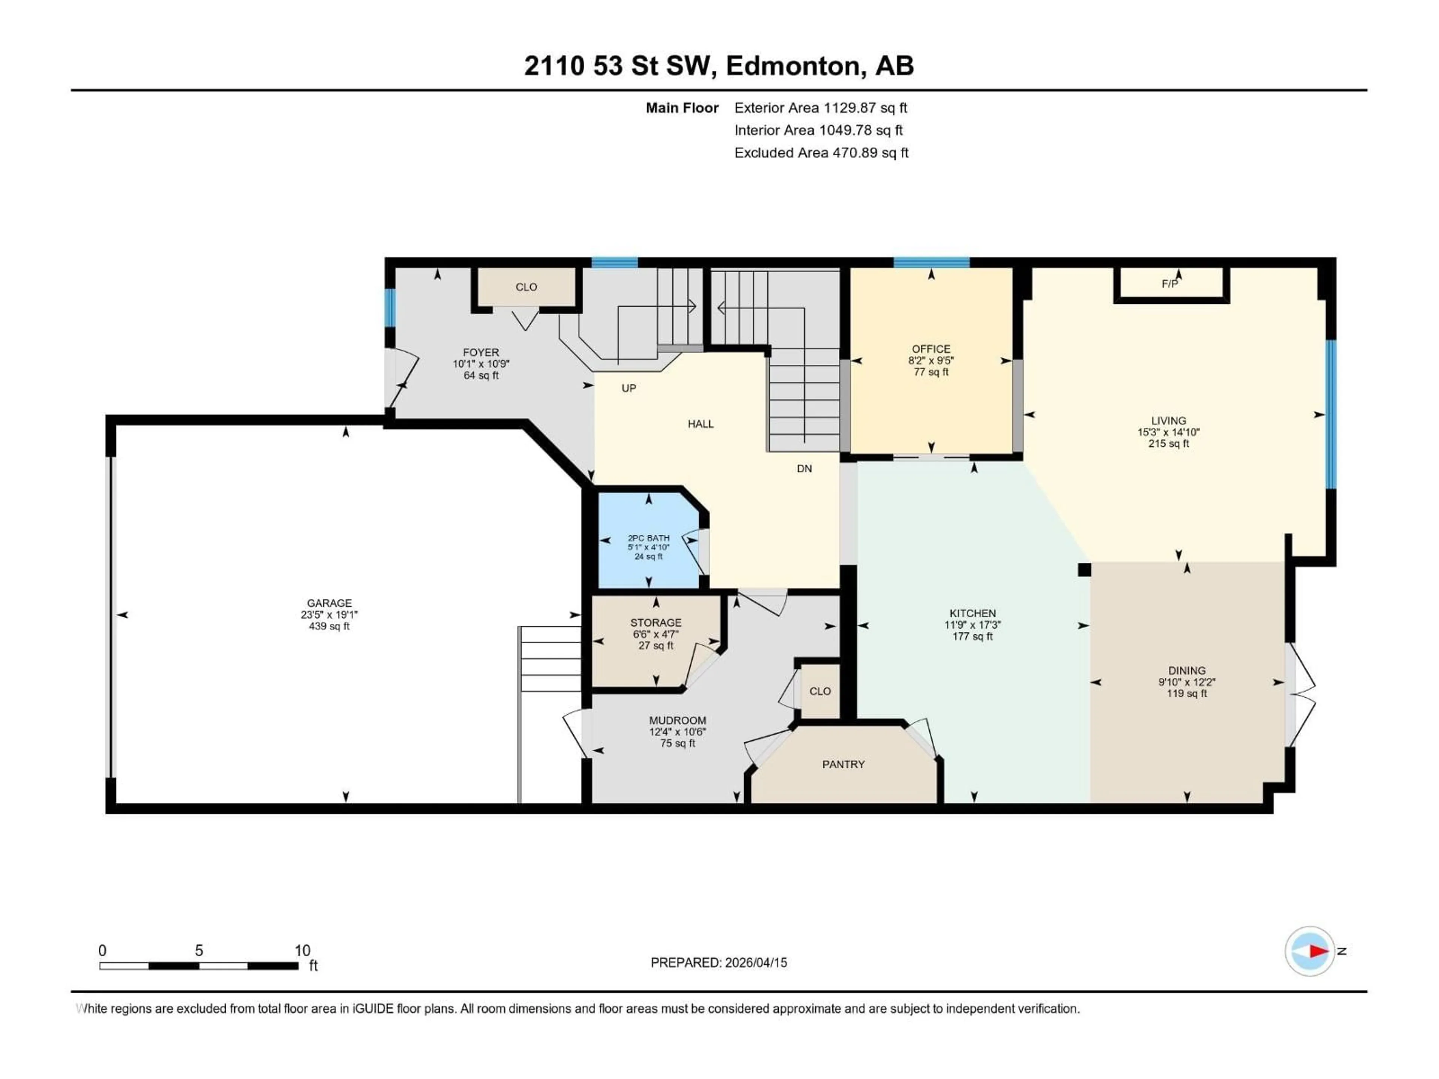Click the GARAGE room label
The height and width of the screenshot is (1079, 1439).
click(x=329, y=603)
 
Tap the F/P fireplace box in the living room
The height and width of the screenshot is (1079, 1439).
click(x=1170, y=284)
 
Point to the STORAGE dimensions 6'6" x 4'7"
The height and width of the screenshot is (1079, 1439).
click(x=656, y=634)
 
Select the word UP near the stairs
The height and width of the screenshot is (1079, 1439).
click(x=628, y=388)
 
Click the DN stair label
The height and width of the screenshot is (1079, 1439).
click(x=804, y=468)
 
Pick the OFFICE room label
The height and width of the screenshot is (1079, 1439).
click(x=931, y=349)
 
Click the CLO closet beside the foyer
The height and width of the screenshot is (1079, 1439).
click(x=526, y=287)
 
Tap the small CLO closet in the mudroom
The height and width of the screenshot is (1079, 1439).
click(x=820, y=691)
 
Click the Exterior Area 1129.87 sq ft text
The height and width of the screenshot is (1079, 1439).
click(x=820, y=108)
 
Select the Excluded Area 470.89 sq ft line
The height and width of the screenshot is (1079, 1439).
click(x=821, y=153)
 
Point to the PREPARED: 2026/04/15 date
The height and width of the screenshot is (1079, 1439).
click(x=719, y=962)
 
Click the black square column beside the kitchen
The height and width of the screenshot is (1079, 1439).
click(x=1084, y=570)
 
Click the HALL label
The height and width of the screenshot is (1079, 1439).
click(x=701, y=424)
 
